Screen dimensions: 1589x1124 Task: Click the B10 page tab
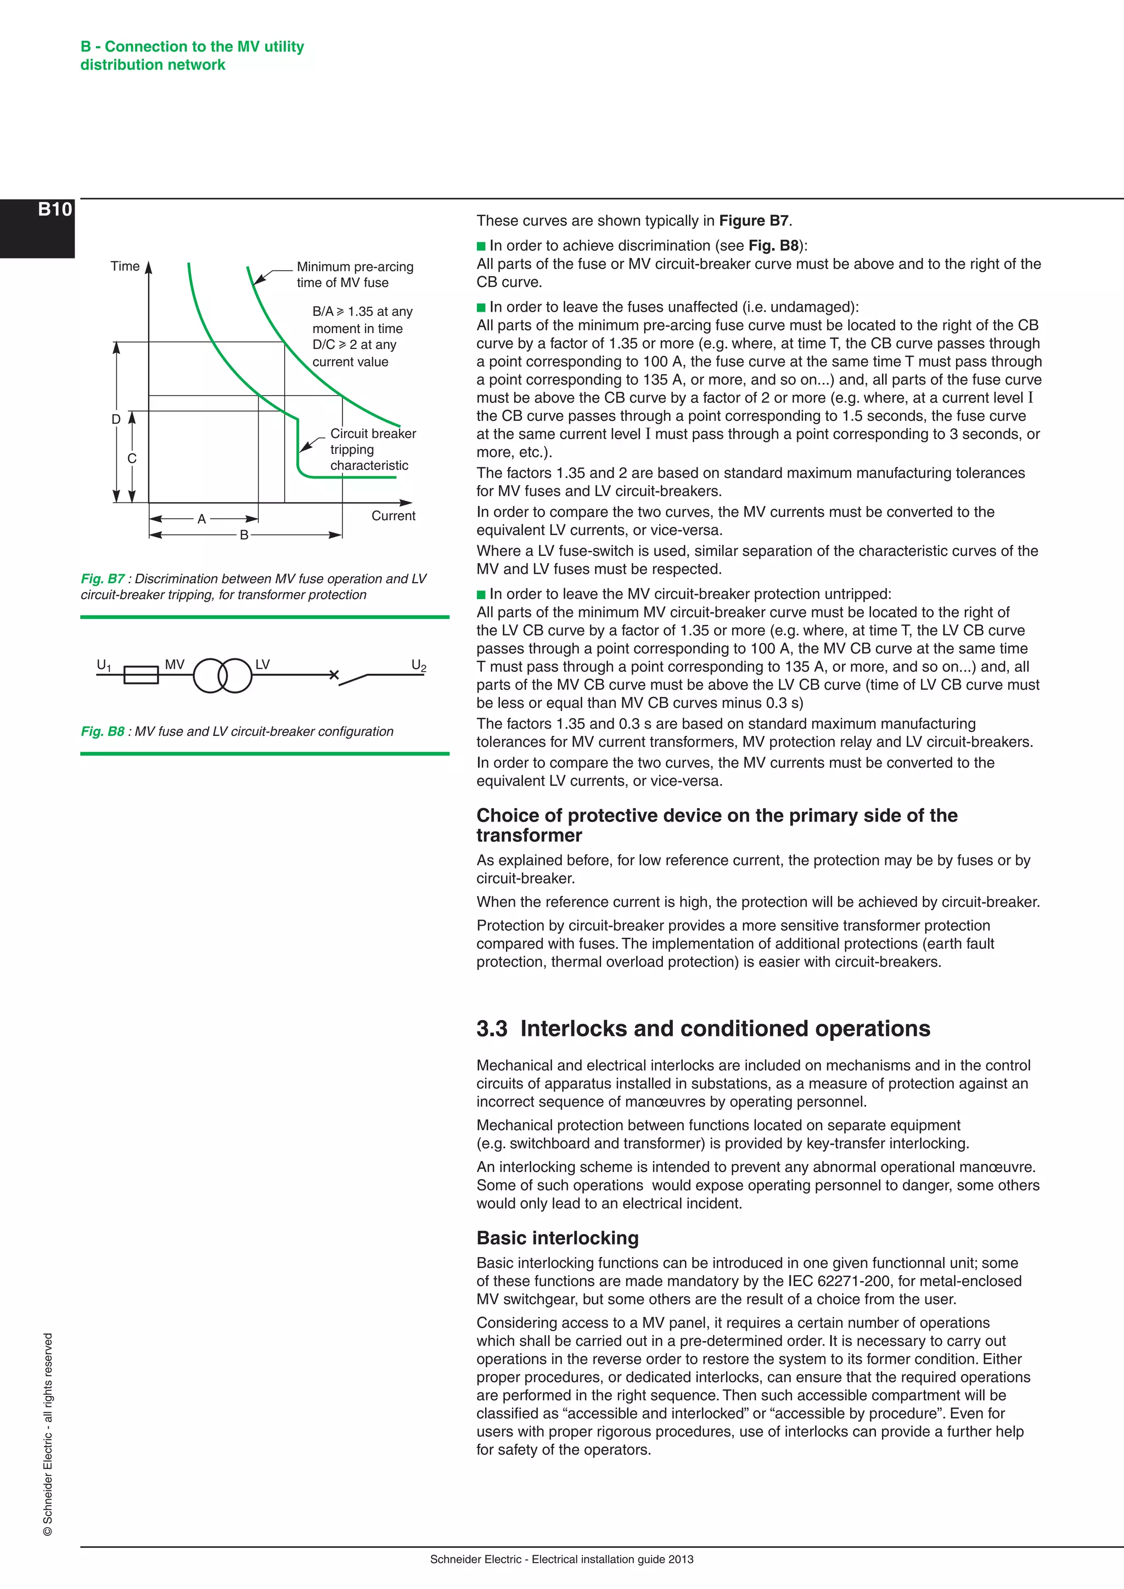pyautogui.click(x=54, y=210)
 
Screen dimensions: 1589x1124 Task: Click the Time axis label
pyautogui.click(x=125, y=267)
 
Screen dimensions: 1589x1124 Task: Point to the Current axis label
pyautogui.click(x=393, y=516)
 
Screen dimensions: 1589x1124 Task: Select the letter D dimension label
pyautogui.click(x=116, y=419)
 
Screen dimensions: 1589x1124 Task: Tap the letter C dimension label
pyautogui.click(x=132, y=458)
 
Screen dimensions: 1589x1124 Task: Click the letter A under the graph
pyautogui.click(x=201, y=519)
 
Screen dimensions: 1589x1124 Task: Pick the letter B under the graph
pyautogui.click(x=244, y=535)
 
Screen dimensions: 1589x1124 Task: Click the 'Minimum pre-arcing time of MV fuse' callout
pyautogui.click(x=355, y=275)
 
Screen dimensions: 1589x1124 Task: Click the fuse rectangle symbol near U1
pyautogui.click(x=141, y=675)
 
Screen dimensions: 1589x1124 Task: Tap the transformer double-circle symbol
pyautogui.click(x=222, y=675)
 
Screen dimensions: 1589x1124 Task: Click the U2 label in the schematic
pyautogui.click(x=419, y=666)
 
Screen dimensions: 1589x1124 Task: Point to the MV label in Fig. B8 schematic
pyautogui.click(x=175, y=664)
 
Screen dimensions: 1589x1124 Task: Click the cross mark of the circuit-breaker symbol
pyautogui.click(x=334, y=675)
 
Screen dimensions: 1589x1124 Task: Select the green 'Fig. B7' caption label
pyautogui.click(x=103, y=578)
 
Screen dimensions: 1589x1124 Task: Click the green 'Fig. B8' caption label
pyautogui.click(x=103, y=731)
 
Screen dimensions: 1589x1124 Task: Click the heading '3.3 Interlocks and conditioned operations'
pyautogui.click(x=702, y=1028)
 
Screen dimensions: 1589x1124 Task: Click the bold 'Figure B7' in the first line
pyautogui.click(x=754, y=221)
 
